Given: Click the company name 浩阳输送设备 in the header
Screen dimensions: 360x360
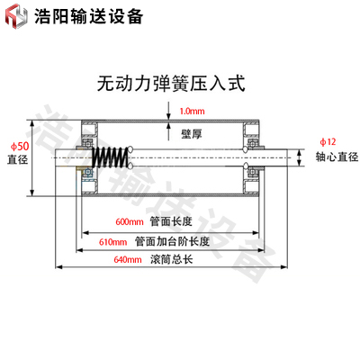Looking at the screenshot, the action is [88, 16].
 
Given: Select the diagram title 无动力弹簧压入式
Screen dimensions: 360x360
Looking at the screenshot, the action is [171, 83].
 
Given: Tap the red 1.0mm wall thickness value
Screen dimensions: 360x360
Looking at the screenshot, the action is [192, 112].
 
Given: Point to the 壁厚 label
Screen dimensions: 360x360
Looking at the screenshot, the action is [192, 134].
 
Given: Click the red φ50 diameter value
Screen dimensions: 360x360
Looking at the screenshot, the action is [20, 147].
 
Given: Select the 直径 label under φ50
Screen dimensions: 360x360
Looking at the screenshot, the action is [18, 159].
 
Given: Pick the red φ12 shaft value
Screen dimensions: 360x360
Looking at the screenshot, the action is [328, 141].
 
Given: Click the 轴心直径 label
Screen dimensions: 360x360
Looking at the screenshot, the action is [337, 157].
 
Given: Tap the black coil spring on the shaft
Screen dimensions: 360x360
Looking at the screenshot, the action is [110, 157].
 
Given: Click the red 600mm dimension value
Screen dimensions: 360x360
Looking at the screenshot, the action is [130, 221].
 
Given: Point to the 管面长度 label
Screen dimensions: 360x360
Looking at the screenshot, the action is [171, 221].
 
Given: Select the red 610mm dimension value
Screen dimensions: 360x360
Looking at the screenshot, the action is [113, 242].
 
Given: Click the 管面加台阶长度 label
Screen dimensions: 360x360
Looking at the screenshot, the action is [172, 241].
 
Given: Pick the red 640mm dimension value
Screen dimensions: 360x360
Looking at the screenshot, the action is [128, 259].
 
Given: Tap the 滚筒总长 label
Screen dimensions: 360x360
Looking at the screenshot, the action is [171, 259].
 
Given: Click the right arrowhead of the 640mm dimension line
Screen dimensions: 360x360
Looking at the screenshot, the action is [283, 266].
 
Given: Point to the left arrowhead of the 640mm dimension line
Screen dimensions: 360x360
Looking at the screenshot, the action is [59, 266].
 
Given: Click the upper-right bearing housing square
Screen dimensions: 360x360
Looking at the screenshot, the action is [251, 129].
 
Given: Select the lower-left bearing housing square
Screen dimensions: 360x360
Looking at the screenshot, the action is [90, 186].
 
